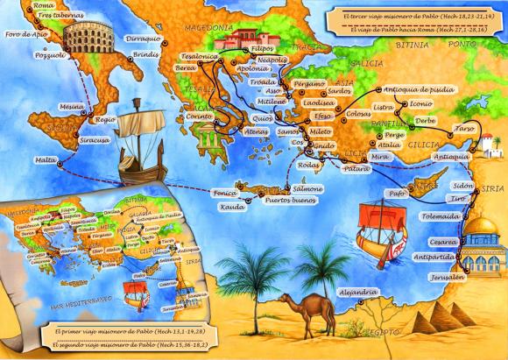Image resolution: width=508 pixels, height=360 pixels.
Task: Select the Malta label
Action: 45,160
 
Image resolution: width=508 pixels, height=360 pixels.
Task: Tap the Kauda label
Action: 233,208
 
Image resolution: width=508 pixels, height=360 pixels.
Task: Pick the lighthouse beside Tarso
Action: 488,140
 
